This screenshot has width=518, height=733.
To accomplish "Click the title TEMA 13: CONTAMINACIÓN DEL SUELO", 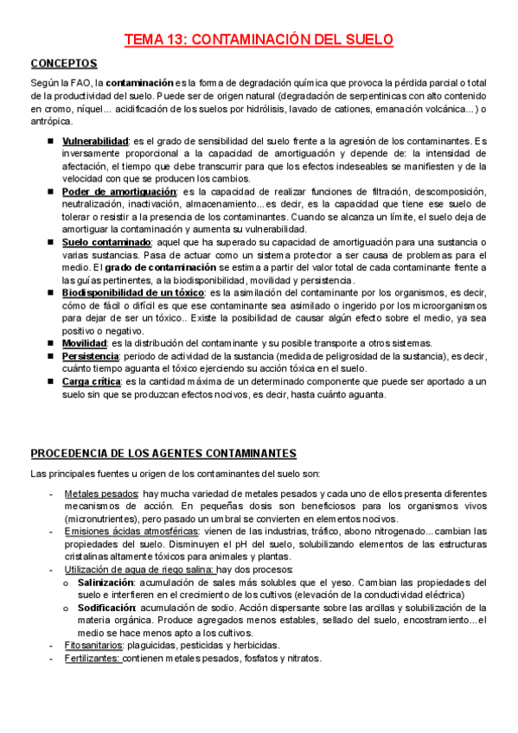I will click(259, 40).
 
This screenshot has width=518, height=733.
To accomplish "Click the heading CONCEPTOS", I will click(64, 64).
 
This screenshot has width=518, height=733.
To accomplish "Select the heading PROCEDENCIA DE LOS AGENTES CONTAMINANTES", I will click(163, 453).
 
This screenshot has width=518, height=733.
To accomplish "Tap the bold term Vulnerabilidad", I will click(95, 140).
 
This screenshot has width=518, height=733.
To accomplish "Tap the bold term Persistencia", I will click(91, 356).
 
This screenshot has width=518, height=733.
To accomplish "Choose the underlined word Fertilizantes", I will click(93, 659).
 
